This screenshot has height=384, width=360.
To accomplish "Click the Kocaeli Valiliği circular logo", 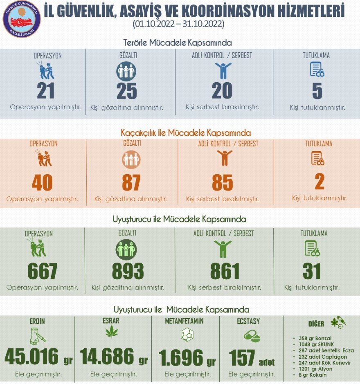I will (x=22, y=19).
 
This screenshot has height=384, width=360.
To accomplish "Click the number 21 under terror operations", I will (x=46, y=91).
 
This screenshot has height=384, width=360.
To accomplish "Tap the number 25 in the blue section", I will (x=127, y=91).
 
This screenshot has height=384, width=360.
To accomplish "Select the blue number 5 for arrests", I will (x=317, y=91).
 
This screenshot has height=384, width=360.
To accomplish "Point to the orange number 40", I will (x=42, y=183).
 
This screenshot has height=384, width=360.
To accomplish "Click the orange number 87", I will (x=131, y=183).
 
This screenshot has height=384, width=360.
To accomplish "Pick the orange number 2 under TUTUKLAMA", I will (x=319, y=182).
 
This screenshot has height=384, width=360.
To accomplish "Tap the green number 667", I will (x=42, y=271).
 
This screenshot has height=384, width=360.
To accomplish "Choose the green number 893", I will (x=128, y=271).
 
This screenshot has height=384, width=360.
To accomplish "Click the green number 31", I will (x=312, y=271).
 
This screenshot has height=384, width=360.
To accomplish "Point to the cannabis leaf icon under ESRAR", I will (x=111, y=332).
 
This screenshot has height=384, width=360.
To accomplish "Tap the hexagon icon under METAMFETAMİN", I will (x=187, y=335).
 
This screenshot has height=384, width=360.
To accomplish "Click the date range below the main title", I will (x=178, y=24).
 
